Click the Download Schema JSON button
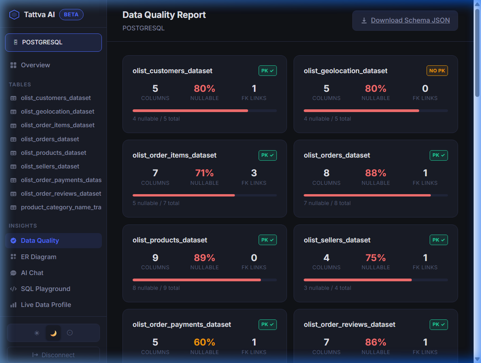(x=405, y=20)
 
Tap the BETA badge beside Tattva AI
(x=71, y=15)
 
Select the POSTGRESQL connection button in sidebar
(x=53, y=42)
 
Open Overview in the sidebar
(x=35, y=65)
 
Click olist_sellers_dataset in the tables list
(x=50, y=167)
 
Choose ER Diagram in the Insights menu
(x=38, y=257)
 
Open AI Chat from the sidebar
(x=32, y=273)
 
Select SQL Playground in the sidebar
(x=45, y=289)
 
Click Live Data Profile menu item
(x=46, y=305)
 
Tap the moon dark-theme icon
(x=53, y=333)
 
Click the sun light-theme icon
(x=37, y=333)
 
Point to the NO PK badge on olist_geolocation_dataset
(x=437, y=71)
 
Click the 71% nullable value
(x=205, y=173)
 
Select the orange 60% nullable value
(x=205, y=342)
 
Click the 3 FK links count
(x=254, y=173)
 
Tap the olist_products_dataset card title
(x=170, y=240)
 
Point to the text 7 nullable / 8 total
(x=327, y=203)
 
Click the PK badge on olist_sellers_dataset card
(x=439, y=240)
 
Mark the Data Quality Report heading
(x=164, y=15)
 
